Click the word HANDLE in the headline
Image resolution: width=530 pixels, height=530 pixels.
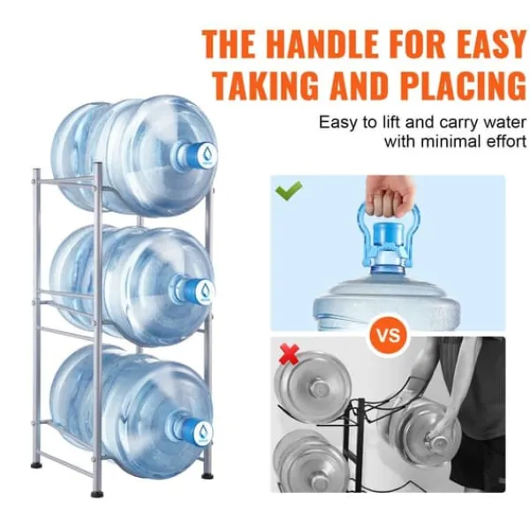pyautogui.click(x=324, y=44)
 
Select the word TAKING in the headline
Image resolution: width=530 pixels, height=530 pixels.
pyautogui.click(x=265, y=84)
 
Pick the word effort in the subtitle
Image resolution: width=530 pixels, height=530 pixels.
pyautogui.click(x=506, y=141)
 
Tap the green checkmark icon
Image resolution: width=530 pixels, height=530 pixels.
pyautogui.click(x=289, y=191)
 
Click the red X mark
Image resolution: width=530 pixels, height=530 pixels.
pyautogui.click(x=290, y=354)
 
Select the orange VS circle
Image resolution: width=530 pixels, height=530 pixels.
pyautogui.click(x=388, y=336)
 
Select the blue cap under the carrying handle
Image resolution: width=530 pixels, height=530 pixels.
pyautogui.click(x=388, y=239)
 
